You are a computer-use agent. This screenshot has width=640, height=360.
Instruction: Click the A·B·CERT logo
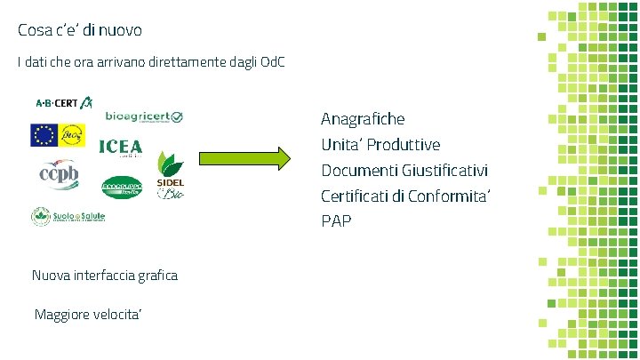pyautogui.click(x=64, y=103)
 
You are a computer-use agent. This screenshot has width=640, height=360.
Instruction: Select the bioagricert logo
pyautogui.click(x=144, y=117)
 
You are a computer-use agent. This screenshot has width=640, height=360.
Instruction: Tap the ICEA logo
pyautogui.click(x=120, y=148)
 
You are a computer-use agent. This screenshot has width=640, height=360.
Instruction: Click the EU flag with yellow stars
pyautogui.click(x=43, y=135)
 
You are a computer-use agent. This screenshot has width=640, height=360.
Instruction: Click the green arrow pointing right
pyautogui.click(x=244, y=159)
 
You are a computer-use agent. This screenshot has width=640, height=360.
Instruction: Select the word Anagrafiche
pyautogui.click(x=363, y=118)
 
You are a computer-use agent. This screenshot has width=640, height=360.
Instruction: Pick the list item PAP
pyautogui.click(x=336, y=220)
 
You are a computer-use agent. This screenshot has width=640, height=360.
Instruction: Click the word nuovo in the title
pyautogui.click(x=117, y=30)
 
